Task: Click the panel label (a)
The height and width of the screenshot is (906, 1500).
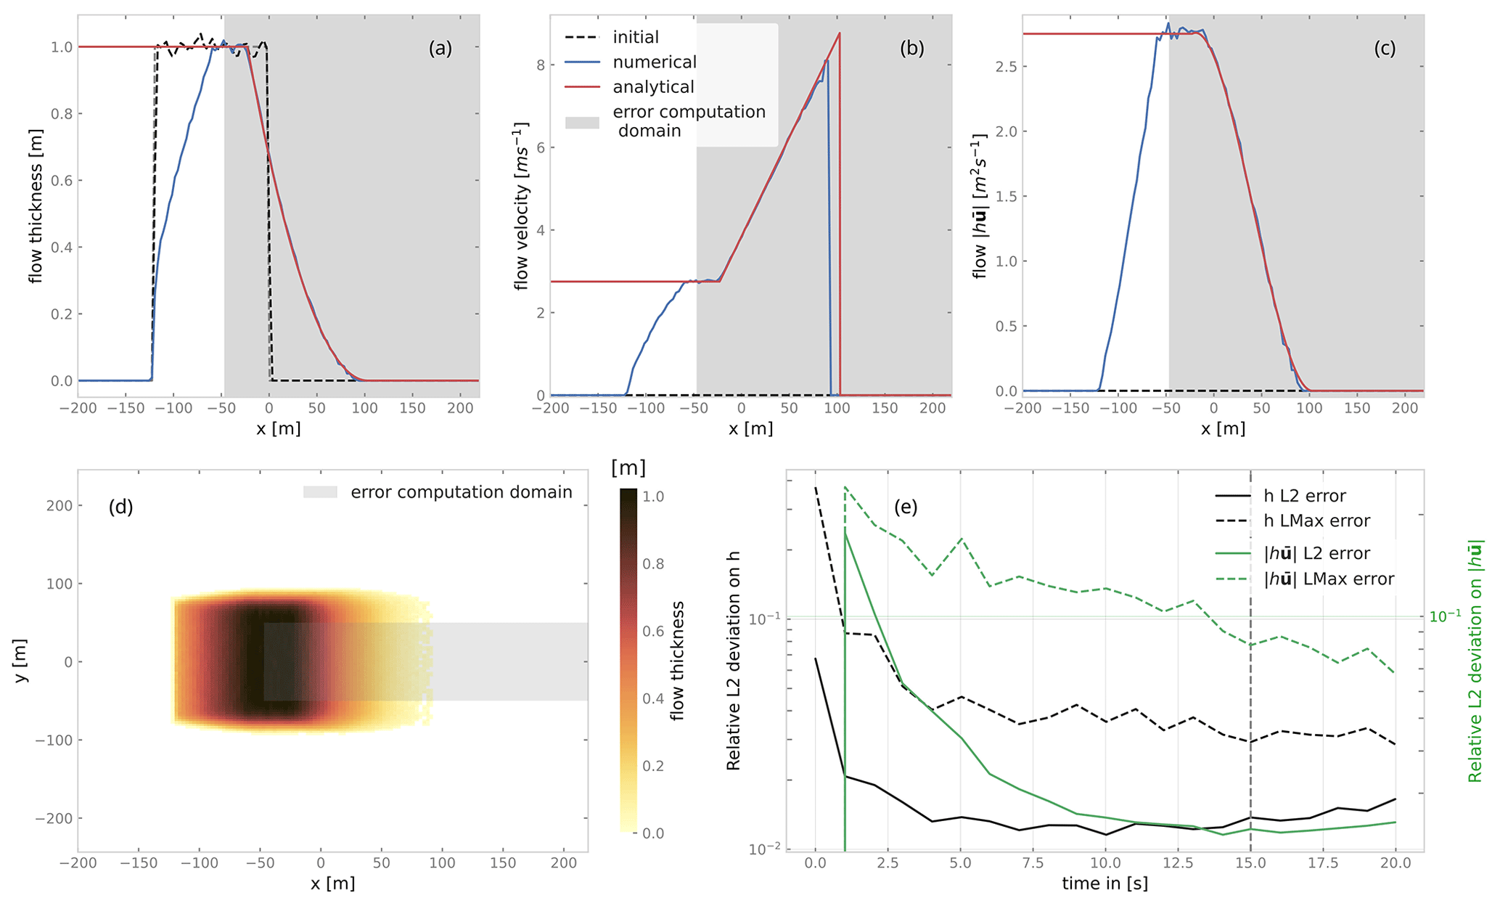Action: coord(440,49)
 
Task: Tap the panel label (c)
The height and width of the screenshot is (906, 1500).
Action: coord(1385,49)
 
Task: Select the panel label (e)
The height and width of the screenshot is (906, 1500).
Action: coord(906,507)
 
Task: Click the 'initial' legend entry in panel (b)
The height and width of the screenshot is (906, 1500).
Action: coord(636,37)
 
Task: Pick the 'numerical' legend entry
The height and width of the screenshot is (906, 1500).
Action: coord(654,62)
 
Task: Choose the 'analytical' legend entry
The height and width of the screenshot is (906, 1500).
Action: coord(653,87)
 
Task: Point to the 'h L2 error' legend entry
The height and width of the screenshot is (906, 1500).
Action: coord(1304,496)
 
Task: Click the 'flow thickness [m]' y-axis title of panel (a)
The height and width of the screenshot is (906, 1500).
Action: coord(36,205)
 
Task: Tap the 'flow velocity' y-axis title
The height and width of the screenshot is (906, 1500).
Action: coord(520,205)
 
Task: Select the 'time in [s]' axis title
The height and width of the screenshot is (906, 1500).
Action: coord(1104,883)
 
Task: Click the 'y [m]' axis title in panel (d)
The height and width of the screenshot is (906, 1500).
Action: coord(21,661)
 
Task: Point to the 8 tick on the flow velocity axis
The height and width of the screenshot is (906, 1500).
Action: coord(540,65)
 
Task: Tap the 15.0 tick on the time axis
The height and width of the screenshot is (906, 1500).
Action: coord(1250,863)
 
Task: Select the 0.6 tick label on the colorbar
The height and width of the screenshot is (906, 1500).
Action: coord(654,632)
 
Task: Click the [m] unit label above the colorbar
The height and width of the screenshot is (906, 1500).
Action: coord(628,468)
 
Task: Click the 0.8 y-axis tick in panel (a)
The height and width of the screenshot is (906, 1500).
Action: coord(62,114)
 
